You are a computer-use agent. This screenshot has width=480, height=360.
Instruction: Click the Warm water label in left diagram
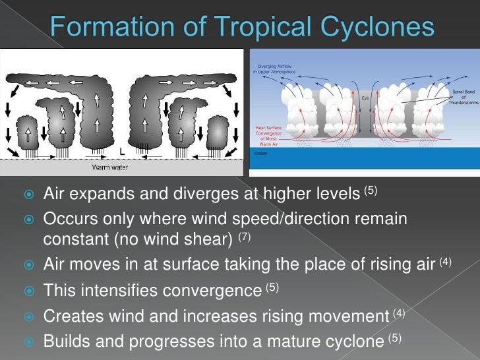[x=109, y=167]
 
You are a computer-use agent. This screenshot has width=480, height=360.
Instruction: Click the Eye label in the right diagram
[x=365, y=98]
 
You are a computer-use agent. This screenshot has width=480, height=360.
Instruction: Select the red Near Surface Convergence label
[x=269, y=133]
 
